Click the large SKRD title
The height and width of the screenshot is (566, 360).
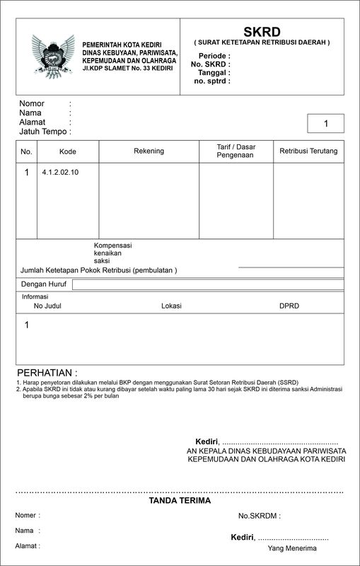[262, 31]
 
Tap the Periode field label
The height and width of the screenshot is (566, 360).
[214, 55]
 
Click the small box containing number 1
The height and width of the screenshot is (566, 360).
[326, 124]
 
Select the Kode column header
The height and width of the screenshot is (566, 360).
[68, 151]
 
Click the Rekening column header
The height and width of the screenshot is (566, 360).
[149, 151]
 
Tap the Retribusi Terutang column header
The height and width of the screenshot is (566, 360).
[308, 151]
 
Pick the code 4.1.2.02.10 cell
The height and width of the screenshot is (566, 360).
[60, 172]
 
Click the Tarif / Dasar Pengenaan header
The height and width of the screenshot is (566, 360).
[236, 151]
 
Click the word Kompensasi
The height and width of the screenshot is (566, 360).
[113, 246]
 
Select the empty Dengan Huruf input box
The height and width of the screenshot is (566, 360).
[208, 284]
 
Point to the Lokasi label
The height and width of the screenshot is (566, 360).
[171, 306]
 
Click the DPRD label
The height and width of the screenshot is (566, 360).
[289, 306]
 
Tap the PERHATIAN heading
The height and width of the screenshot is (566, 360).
[47, 373]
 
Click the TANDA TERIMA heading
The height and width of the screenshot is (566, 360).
[180, 501]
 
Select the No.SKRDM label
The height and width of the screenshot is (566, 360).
[260, 516]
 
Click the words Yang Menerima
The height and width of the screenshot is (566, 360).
[292, 548]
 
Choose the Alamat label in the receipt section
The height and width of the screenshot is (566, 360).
[28, 545]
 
